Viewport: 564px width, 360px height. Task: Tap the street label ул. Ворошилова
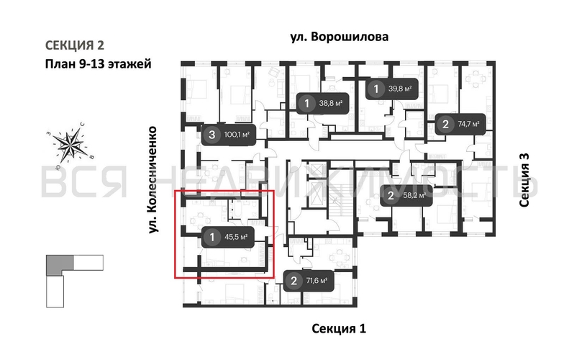(x=340, y=37)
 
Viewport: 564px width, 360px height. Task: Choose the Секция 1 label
(x=339, y=329)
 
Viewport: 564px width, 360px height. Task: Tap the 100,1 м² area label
(x=237, y=134)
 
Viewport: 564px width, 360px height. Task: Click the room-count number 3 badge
(x=211, y=134)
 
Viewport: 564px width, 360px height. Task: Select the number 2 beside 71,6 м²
(x=293, y=282)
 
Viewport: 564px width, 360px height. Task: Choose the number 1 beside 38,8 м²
(x=307, y=104)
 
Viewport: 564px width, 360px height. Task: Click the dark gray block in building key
(x=58, y=266)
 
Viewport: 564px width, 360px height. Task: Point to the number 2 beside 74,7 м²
(x=445, y=125)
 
